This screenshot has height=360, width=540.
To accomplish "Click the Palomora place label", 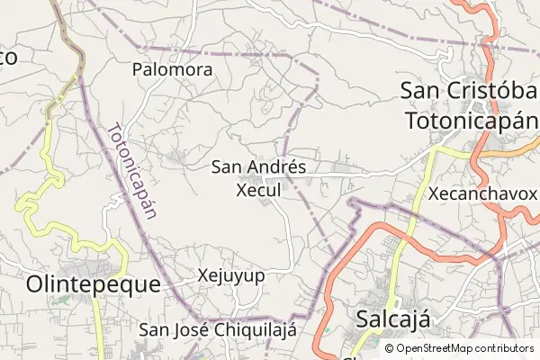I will tap(172, 69).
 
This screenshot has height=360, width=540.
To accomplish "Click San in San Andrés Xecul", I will tap(227, 167).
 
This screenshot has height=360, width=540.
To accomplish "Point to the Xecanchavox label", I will tap(482, 193).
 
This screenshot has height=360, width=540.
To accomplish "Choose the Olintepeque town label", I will tap(93, 284).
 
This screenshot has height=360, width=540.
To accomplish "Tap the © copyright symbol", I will tap(389, 348).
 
